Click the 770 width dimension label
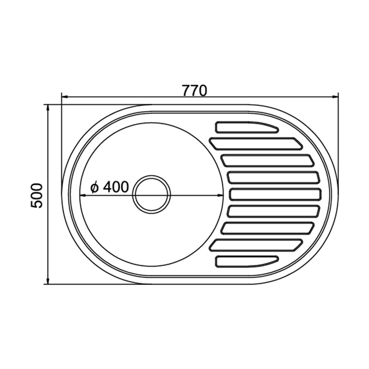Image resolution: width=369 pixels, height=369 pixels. pos(195,90)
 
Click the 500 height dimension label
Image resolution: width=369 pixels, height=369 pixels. pos(37,195)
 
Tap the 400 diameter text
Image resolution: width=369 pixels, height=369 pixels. pos(116,187)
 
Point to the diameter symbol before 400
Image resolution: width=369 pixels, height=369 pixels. pos(95,187)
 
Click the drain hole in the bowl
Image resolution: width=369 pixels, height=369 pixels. pos(151,194)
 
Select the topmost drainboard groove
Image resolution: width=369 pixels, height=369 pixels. pos(247,127)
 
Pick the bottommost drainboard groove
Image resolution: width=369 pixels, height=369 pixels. pos(247,262)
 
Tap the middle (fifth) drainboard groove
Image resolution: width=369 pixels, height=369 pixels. pos(275,194)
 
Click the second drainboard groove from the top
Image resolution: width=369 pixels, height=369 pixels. pos(256,143)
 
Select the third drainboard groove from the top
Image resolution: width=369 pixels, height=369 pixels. pos(268,161)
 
